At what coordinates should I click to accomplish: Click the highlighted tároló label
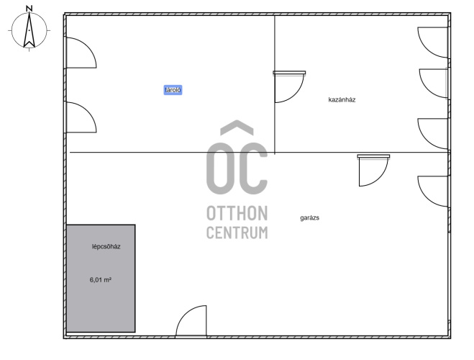pyautogui.click(x=173, y=90)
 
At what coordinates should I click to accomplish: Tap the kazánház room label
pyautogui.click(x=342, y=100)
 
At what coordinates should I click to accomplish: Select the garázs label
pyautogui.click(x=310, y=218)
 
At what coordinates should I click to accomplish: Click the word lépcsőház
pyautogui.click(x=106, y=246)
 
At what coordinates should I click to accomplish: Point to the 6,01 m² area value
pyautogui.click(x=101, y=280)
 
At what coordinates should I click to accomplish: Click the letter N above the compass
pyautogui.click(x=29, y=9)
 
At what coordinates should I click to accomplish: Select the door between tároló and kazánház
pyautogui.click(x=289, y=87)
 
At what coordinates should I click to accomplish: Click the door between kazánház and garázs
pyautogui.click(x=373, y=171)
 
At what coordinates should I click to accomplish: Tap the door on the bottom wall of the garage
pyautogui.click(x=191, y=321)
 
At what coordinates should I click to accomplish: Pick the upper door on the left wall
pyautogui.click(x=81, y=53)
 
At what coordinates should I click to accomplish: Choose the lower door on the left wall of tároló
pyautogui.click(x=81, y=117)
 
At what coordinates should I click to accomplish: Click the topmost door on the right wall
pyautogui.click(x=433, y=42)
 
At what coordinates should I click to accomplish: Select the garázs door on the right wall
pyautogui.click(x=433, y=192)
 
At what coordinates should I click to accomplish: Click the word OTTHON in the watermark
pyautogui.click(x=237, y=213)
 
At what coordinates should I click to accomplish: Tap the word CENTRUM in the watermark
pyautogui.click(x=237, y=233)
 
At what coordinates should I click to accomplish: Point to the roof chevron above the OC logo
pyautogui.click(x=237, y=127)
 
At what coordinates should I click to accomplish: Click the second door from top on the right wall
pyautogui.click(x=434, y=84)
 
